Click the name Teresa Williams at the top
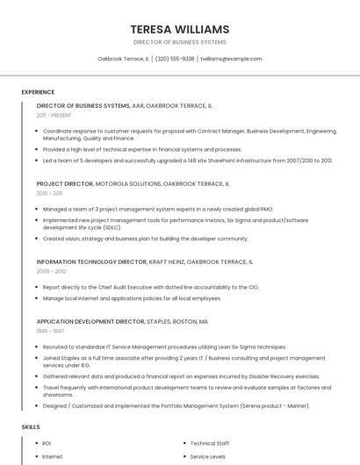coord(179,29)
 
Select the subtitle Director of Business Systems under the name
coord(179,42)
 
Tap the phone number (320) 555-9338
coord(175,59)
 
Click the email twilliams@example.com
coord(231,59)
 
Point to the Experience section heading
coord(38,91)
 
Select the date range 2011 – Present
coord(54,115)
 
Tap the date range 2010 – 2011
coord(49,193)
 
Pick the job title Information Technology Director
coord(91,261)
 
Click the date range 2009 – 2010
coord(51,271)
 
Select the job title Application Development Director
coord(90,322)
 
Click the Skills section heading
coord(31,426)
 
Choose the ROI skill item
coord(47,443)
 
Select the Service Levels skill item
coord(207,456)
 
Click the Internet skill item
coord(53,456)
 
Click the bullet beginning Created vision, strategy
coord(145,238)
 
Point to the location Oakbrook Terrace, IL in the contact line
coord(123,59)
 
